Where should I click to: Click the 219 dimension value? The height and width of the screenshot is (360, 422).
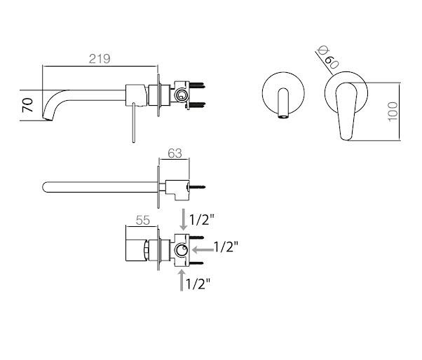[x=100, y=59]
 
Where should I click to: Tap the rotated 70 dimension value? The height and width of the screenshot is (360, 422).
[x=27, y=105]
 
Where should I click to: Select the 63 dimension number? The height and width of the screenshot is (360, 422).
[x=175, y=153]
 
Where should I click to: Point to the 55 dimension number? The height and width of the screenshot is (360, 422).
[x=142, y=220]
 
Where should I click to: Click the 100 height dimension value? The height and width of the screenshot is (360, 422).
[x=393, y=111]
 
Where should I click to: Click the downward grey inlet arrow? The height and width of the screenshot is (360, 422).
[x=183, y=219]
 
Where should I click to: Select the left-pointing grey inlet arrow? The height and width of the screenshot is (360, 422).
[x=203, y=250]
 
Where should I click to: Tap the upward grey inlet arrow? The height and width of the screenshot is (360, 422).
[x=182, y=280]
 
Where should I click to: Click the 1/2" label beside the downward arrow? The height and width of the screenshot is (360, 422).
[x=202, y=220]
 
